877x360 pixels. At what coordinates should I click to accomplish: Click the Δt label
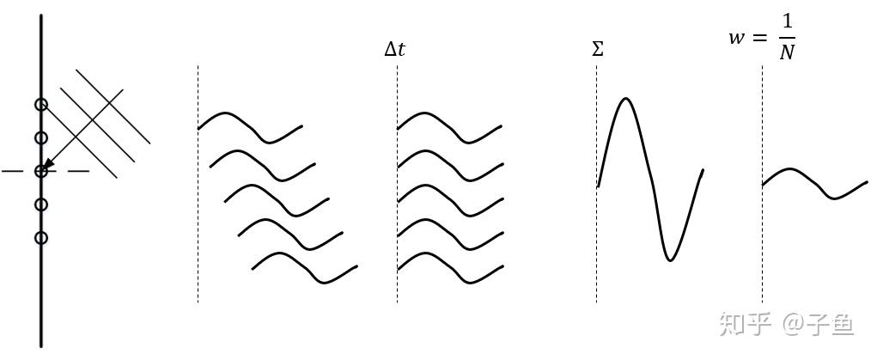pyautogui.click(x=394, y=50)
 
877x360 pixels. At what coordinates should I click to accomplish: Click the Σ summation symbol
pyautogui.click(x=598, y=50)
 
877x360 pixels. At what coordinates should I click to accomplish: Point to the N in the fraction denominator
pyautogui.click(x=786, y=53)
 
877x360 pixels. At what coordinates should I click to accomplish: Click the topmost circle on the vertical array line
pyautogui.click(x=40, y=105)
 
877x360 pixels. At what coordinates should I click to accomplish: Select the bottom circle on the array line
pyautogui.click(x=40, y=238)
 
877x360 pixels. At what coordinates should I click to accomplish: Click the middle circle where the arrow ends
pyautogui.click(x=40, y=172)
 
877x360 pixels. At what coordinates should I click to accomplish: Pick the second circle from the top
pyautogui.click(x=40, y=137)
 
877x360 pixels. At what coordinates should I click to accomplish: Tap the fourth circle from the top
pyautogui.click(x=40, y=204)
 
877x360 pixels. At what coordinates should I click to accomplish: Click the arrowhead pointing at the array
pyautogui.click(x=48, y=164)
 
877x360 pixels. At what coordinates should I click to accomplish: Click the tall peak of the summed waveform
pyautogui.click(x=625, y=100)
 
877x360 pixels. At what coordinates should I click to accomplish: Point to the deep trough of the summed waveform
pyautogui.click(x=672, y=258)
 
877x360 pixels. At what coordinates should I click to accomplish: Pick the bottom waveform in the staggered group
pyautogui.click(x=304, y=266)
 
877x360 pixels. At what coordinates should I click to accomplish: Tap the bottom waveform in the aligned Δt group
pyautogui.click(x=448, y=266)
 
